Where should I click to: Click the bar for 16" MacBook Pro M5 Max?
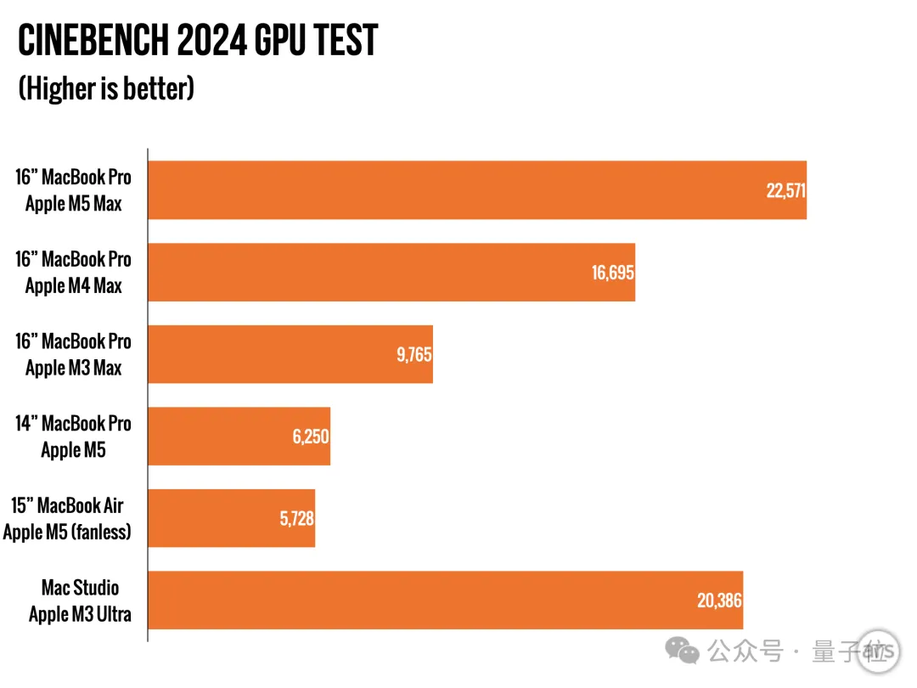coord(475,190)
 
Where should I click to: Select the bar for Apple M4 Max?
coord(391,272)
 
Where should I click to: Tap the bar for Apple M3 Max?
coord(290,354)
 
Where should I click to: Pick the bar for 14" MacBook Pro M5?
coord(239,437)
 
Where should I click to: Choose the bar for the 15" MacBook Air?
coord(231,518)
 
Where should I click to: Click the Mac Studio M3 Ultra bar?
coord(445,601)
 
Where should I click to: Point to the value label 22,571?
coord(785,190)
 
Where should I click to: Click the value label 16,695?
coord(613,273)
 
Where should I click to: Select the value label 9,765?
coord(414,355)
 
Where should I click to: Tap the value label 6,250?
coord(311,437)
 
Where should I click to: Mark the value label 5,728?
coord(297,519)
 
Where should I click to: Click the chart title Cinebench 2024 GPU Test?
coord(198,40)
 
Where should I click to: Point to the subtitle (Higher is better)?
coord(106,88)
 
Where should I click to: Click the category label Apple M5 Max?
coord(74,204)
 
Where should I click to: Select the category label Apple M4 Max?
coord(74,286)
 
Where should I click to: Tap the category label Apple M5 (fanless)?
coord(67,533)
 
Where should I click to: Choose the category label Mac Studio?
coord(81,588)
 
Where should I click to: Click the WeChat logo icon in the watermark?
coord(683,651)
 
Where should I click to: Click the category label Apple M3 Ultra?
coord(80,614)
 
